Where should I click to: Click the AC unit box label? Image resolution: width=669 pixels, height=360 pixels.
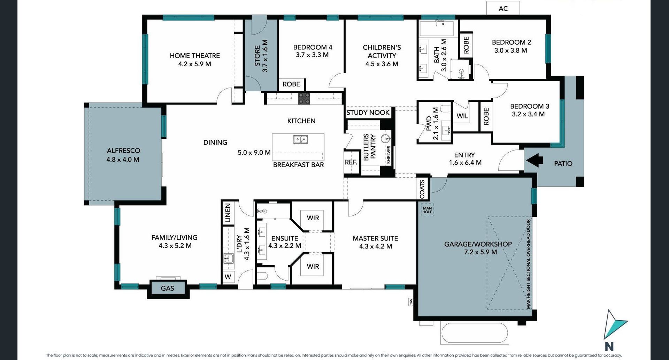pyautogui.click(x=503, y=8)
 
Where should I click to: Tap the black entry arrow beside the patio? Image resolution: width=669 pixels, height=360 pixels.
pyautogui.click(x=535, y=160)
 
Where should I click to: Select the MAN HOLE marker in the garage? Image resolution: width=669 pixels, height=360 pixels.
pyautogui.click(x=427, y=210)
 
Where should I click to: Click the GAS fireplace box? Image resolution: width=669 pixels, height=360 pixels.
pyautogui.click(x=168, y=288)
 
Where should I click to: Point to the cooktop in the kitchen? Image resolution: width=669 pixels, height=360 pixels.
pyautogui.click(x=304, y=99)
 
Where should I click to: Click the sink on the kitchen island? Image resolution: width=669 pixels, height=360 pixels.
pyautogui.click(x=300, y=140)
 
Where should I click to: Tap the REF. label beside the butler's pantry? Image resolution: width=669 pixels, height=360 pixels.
pyautogui.click(x=351, y=162)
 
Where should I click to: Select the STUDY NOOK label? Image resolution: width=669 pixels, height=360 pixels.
pyautogui.click(x=368, y=113)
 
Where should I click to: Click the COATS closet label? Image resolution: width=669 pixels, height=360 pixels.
pyautogui.click(x=422, y=189)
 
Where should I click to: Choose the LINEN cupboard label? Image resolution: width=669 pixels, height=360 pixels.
pyautogui.click(x=228, y=213)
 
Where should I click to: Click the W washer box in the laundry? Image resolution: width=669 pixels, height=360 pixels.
pyautogui.click(x=228, y=277)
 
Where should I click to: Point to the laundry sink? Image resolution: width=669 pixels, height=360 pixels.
pyautogui.click(x=229, y=258)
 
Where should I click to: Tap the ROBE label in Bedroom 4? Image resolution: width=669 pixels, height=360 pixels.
pyautogui.click(x=291, y=84)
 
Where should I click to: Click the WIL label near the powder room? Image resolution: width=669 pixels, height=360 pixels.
pyautogui.click(x=462, y=116)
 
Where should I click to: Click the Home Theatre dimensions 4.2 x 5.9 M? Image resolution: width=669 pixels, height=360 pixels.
pyautogui.click(x=195, y=64)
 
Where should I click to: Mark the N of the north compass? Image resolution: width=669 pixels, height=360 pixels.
pyautogui.click(x=609, y=346)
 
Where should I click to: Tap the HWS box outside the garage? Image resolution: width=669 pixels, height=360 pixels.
pyautogui.click(x=411, y=302)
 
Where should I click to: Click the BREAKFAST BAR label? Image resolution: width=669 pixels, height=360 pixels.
pyautogui.click(x=298, y=165)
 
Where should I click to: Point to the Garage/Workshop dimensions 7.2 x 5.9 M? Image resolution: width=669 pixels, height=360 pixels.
pyautogui.click(x=480, y=252)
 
